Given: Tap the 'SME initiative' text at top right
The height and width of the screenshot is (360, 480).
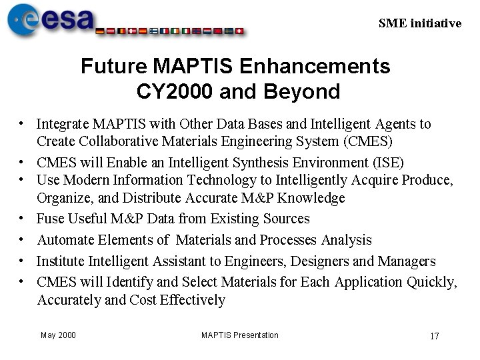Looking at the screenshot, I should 419,23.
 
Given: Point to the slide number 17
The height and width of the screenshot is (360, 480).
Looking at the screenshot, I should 434,336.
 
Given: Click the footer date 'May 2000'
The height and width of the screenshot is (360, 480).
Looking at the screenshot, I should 58,335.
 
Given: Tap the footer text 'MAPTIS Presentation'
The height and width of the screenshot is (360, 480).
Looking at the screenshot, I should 239,335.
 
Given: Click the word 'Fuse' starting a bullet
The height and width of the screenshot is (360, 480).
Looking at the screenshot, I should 50,219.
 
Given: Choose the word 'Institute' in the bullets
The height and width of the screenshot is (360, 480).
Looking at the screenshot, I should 61,261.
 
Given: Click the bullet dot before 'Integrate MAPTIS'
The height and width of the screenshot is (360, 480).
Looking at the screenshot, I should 22,124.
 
